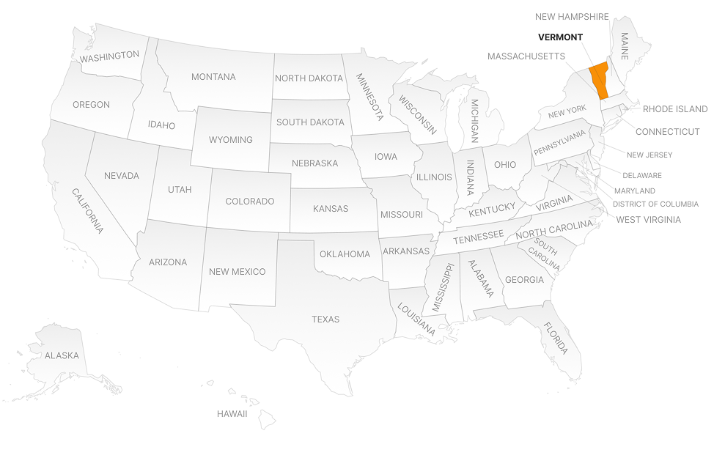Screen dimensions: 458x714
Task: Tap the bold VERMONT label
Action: (560, 37)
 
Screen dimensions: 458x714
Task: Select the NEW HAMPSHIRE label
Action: (572, 17)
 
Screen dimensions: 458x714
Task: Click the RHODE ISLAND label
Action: (675, 109)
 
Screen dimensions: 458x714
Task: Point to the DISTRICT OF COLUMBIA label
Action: (655, 204)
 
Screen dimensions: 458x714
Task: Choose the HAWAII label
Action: (232, 414)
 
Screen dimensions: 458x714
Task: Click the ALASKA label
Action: (62, 355)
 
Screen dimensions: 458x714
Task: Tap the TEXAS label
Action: (325, 320)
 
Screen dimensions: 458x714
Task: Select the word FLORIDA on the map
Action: (556, 339)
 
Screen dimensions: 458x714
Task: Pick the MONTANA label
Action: (213, 77)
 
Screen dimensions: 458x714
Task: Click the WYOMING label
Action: (231, 139)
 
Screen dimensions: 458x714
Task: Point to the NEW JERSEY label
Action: (649, 155)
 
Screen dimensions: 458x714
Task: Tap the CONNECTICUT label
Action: (667, 132)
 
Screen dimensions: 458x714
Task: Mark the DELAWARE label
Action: (641, 176)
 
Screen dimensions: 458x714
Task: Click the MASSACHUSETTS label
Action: (526, 56)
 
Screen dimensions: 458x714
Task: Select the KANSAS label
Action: (331, 209)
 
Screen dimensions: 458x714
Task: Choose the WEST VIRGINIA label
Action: (648, 220)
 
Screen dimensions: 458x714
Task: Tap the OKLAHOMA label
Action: (345, 254)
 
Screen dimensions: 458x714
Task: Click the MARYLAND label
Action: (635, 191)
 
